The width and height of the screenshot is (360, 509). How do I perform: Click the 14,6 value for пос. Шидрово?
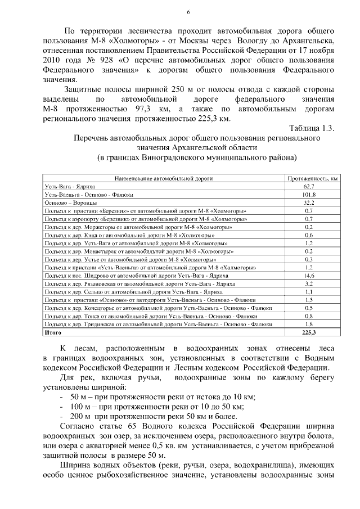308,276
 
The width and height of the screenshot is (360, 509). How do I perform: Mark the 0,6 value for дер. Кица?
308,235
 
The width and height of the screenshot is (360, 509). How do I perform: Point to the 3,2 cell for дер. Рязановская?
308,284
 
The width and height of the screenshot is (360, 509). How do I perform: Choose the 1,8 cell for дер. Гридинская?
308,325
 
